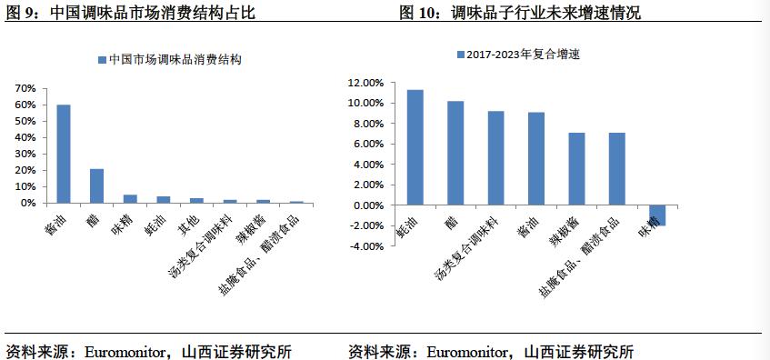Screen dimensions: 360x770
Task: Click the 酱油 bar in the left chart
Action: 64,154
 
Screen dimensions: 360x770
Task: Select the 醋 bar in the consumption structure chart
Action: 96,185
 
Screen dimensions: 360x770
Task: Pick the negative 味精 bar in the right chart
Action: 657,215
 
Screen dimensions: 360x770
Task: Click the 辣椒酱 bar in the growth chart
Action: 576,169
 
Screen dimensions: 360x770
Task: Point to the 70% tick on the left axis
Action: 25,88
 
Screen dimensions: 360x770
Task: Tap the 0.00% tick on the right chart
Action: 367,205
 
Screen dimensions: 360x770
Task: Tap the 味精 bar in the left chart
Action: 129,198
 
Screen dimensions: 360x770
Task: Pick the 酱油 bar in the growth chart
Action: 535,159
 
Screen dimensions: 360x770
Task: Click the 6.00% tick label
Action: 367,144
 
